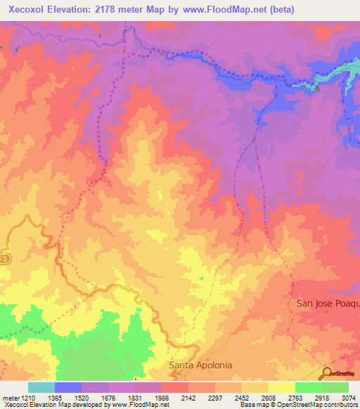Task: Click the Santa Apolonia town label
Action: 200,365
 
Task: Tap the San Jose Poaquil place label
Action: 328,303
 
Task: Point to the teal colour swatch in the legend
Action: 41,387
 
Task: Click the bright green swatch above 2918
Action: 309,387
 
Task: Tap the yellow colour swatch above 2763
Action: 282,387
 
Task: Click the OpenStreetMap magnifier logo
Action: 328,372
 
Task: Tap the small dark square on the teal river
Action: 318,89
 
